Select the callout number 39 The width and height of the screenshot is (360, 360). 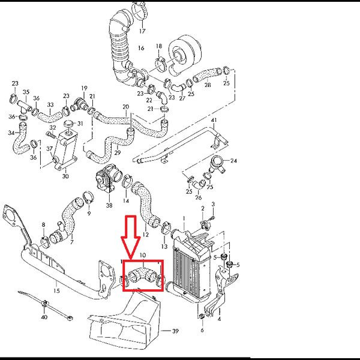[x=176, y=331]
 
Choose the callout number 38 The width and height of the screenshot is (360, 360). [x=109, y=205]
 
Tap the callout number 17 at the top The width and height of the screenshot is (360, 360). [x=142, y=30]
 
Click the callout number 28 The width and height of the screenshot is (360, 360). [x=208, y=85]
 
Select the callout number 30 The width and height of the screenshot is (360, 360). [x=65, y=177]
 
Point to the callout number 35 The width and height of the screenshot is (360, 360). [x=26, y=92]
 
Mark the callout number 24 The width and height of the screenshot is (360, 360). [x=234, y=161]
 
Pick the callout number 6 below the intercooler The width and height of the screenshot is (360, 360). [x=202, y=331]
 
